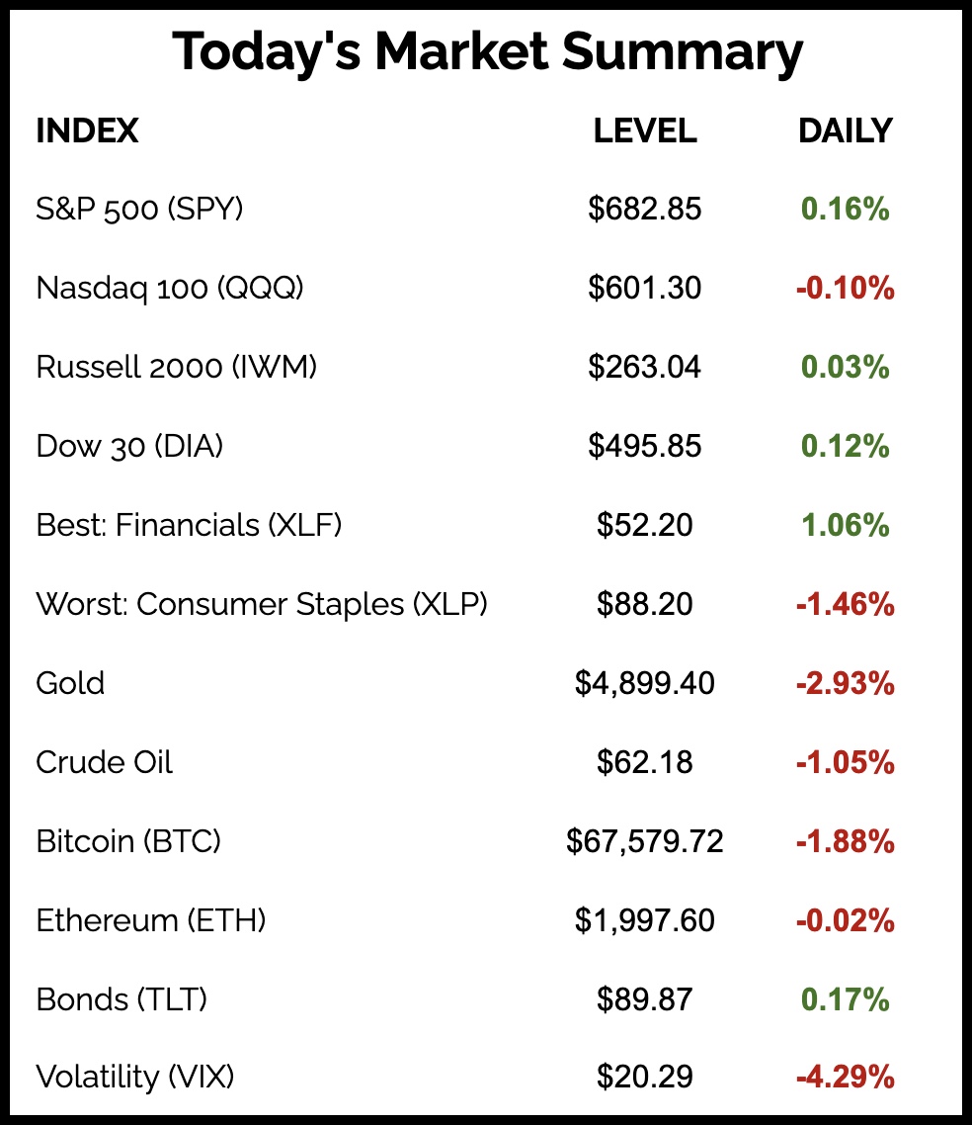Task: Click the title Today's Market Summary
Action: tap(487, 53)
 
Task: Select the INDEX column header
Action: tap(87, 130)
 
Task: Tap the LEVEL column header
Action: tap(645, 130)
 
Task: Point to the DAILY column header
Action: tap(845, 130)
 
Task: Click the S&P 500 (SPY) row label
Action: tap(139, 209)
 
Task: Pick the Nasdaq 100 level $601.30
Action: tap(645, 288)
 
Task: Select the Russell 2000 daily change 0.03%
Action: tap(845, 367)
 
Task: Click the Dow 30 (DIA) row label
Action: tap(129, 446)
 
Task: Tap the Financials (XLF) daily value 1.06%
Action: tap(845, 525)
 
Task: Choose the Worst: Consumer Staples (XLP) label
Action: tap(262, 604)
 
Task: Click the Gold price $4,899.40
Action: tap(645, 683)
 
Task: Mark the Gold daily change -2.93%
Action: tap(845, 683)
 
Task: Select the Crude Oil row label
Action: tap(104, 762)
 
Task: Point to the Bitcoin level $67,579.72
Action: tap(645, 841)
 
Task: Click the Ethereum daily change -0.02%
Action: tap(845, 920)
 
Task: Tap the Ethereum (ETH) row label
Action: tap(151, 920)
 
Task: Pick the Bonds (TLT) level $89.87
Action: tap(645, 999)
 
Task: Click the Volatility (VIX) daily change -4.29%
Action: tap(845, 1077)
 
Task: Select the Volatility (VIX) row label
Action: tap(135, 1077)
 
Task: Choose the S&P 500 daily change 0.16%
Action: tap(845, 209)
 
